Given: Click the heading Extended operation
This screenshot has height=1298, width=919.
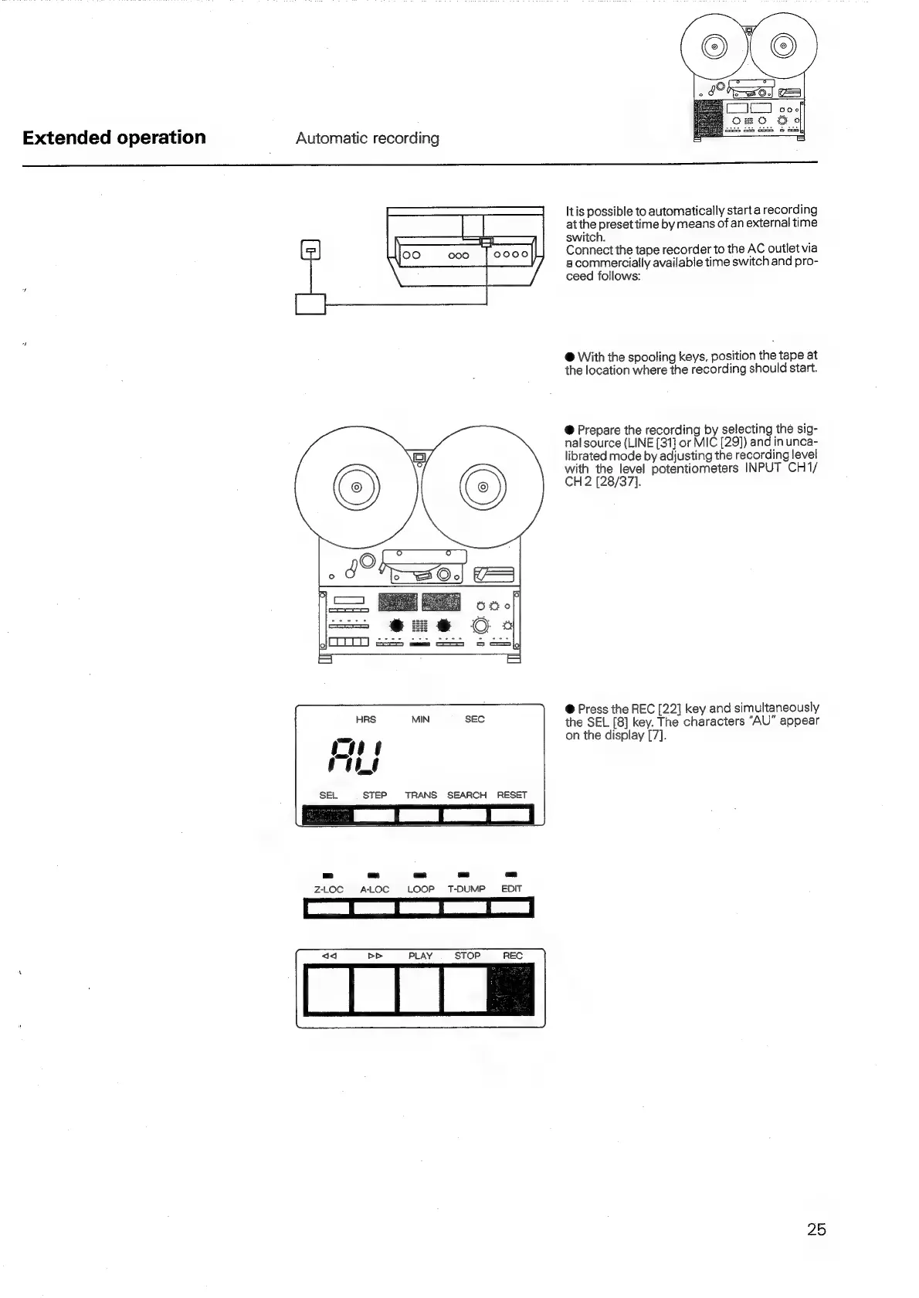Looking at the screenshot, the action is tap(114, 138).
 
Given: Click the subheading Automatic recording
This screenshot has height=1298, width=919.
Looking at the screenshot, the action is tap(367, 139).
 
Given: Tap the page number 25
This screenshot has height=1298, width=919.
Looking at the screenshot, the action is tap(816, 1229).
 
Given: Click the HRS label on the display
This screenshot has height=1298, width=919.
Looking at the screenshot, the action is tap(365, 719).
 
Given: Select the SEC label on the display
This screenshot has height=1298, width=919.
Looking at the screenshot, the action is tap(474, 719).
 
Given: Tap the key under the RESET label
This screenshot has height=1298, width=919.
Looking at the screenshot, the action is tap(511, 815).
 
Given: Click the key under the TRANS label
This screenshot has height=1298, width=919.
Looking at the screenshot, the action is tap(420, 815).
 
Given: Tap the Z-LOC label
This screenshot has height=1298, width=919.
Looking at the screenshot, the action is tap(328, 889).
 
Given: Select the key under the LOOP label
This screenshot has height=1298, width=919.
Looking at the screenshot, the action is tap(420, 908).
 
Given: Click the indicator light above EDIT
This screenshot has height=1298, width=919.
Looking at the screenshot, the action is tap(511, 875).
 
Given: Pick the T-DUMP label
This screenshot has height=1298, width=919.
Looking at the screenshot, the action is tap(466, 889).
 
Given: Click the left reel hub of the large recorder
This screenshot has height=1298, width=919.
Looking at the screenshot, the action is tap(356, 488).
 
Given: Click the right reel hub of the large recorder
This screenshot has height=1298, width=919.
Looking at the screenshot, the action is tap(483, 488).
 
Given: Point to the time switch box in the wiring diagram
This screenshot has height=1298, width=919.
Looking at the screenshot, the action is tap(310, 304).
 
